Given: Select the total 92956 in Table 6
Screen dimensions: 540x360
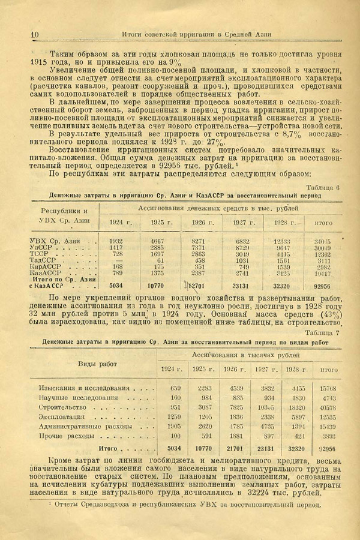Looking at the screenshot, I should pyautogui.click(x=323, y=286).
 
